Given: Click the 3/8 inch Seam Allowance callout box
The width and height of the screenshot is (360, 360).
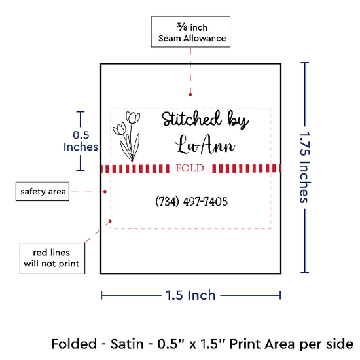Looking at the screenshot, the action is (x=190, y=32).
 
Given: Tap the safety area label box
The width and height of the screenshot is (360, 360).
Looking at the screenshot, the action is (x=43, y=192).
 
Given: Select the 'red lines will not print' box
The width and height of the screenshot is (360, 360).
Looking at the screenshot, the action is (x=52, y=259).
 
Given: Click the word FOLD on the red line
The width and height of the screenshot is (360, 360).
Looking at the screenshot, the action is (x=190, y=168).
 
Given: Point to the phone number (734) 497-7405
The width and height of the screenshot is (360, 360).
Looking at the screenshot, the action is (x=192, y=202).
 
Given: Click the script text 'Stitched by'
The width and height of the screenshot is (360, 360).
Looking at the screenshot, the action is (x=206, y=120).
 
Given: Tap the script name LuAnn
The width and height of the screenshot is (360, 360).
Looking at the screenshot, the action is (x=206, y=145).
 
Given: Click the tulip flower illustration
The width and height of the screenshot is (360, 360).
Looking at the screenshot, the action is (x=126, y=136).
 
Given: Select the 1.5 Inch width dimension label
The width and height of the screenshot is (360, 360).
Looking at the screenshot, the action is (x=190, y=295).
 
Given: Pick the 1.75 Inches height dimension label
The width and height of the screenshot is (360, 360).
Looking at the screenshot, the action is (x=305, y=168).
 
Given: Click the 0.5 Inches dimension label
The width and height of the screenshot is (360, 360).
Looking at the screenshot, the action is (x=81, y=141).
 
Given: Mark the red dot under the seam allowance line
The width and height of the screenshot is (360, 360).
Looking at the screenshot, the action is (x=190, y=94).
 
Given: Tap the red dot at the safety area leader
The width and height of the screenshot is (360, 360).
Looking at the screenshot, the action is (x=105, y=192).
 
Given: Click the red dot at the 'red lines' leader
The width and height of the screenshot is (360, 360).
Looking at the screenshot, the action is (x=110, y=221).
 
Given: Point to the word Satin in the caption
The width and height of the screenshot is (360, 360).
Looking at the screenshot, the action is (x=127, y=344).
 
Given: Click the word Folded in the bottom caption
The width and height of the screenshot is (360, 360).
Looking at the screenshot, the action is (x=74, y=344).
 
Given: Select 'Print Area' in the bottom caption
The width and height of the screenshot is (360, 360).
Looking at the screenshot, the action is (x=263, y=344).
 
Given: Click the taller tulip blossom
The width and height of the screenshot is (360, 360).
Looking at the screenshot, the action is (x=133, y=117).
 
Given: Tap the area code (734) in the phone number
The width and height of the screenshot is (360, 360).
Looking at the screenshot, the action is (x=167, y=202).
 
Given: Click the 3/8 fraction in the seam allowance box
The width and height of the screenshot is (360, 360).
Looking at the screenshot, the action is (x=182, y=27).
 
